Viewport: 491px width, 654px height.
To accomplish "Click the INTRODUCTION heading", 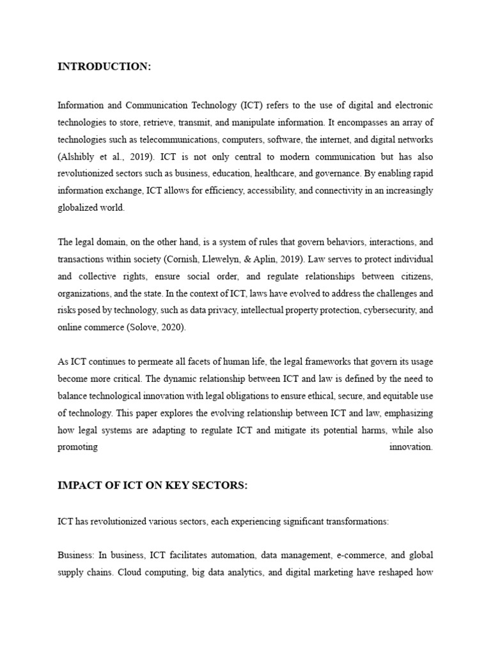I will pos(104,67).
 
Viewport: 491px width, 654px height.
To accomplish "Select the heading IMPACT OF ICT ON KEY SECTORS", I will pos(152,485).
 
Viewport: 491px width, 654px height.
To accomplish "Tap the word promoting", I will pos(77,447).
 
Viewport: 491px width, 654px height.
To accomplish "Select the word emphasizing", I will pos(409,414).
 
